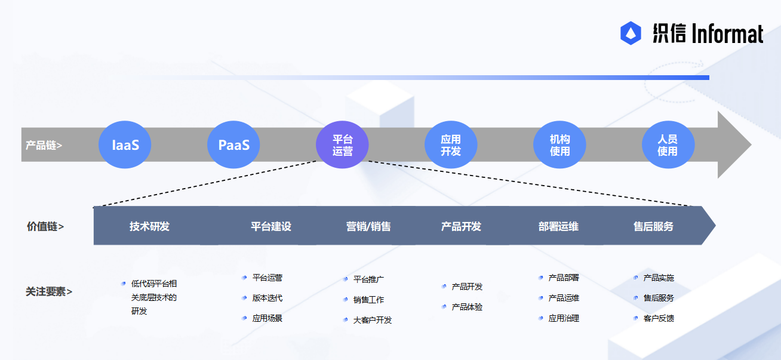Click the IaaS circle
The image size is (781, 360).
click(125, 144)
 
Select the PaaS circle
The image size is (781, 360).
click(233, 144)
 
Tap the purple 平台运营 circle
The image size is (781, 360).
click(342, 144)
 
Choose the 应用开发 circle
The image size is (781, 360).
click(451, 144)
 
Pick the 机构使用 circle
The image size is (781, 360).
click(559, 144)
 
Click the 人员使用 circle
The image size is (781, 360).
click(668, 144)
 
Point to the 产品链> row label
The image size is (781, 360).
click(44, 145)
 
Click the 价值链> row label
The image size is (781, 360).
click(45, 226)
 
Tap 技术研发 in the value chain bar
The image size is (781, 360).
click(149, 226)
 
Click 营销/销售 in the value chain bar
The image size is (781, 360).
click(368, 226)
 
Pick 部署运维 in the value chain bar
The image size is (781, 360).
click(558, 226)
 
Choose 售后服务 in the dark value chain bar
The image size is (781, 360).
click(653, 226)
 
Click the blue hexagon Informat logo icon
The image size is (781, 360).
click(631, 33)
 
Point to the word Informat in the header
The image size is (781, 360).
click(727, 33)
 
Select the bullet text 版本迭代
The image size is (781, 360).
click(267, 298)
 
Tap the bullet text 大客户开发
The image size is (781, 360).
click(373, 320)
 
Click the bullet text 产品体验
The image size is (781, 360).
click(467, 307)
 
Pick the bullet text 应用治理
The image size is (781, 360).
click(564, 318)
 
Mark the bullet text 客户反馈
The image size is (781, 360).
click(659, 318)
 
